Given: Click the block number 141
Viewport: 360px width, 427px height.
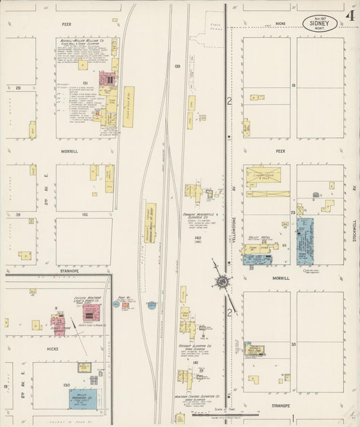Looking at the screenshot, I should [x=195, y=362].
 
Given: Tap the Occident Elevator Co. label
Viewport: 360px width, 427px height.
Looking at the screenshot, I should [x=198, y=346].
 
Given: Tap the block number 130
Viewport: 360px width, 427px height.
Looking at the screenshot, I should [x=66, y=384].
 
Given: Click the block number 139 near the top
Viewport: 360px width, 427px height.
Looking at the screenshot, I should [x=177, y=66].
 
